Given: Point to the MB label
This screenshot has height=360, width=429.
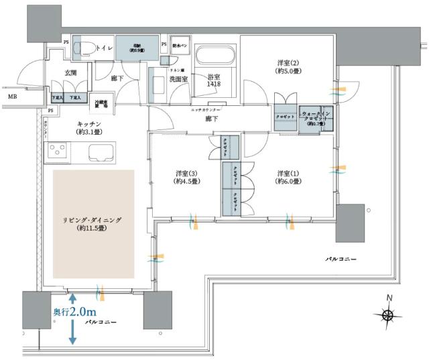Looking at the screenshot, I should tap(12, 97).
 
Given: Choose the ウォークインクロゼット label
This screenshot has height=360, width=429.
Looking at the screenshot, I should tap(314, 119).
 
